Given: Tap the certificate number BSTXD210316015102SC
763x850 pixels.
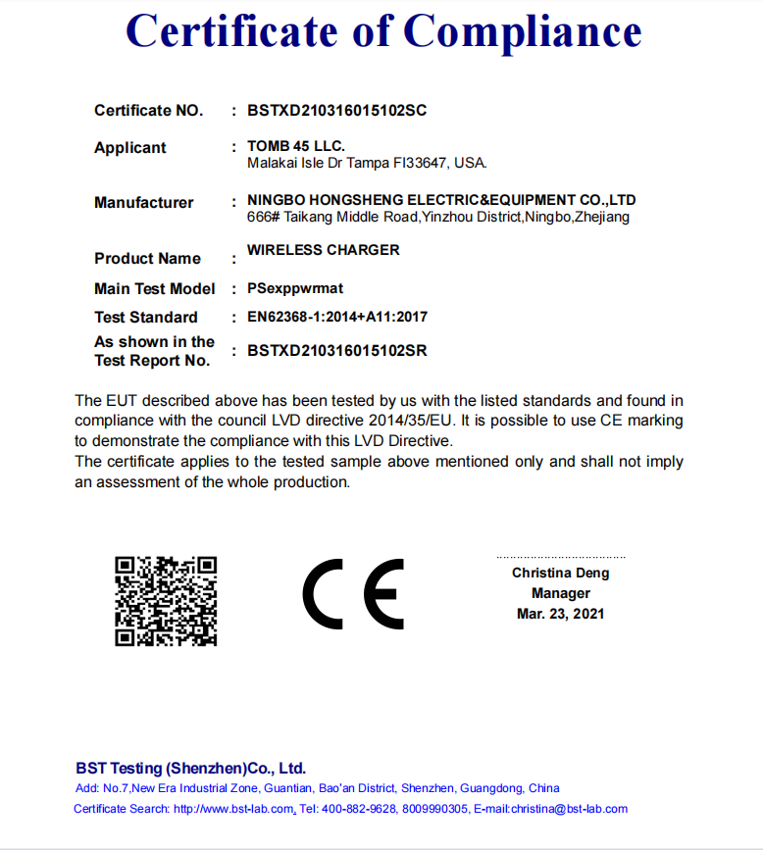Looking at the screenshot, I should (x=337, y=111).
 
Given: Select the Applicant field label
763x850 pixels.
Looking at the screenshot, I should (x=130, y=148).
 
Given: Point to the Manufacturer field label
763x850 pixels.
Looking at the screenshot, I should (x=144, y=203).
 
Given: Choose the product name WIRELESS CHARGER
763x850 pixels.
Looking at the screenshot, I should (x=324, y=250).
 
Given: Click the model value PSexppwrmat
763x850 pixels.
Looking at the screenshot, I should (x=295, y=289).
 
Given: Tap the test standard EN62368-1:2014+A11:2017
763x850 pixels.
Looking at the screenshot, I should (x=337, y=317).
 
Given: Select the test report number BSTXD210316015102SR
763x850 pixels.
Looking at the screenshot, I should (x=337, y=350).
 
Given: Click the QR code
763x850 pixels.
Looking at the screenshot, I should (x=166, y=601).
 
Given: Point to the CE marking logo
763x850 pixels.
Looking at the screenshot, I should (x=353, y=594).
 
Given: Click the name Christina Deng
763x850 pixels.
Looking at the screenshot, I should (x=560, y=573).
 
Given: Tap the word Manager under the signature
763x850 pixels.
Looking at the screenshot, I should (x=561, y=593).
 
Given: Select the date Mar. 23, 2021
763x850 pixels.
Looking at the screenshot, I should (x=561, y=614).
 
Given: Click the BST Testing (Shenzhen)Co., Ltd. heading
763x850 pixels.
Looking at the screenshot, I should (x=191, y=769).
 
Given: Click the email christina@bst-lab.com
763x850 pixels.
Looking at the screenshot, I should (x=570, y=809).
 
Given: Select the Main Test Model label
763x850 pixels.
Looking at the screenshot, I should (x=155, y=289).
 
